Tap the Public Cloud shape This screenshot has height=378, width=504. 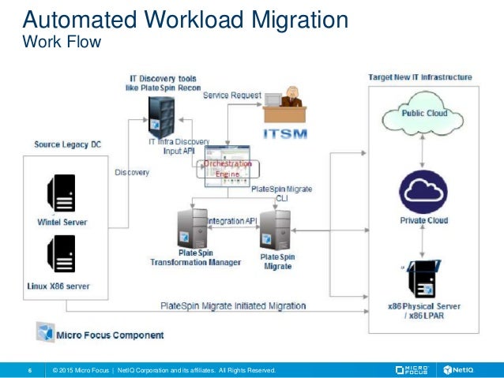coord(425,116)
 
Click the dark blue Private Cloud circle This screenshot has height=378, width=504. coord(425,189)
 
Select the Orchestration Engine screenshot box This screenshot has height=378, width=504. coord(228,167)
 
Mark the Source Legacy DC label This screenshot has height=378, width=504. coord(68,144)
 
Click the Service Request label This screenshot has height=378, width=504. coord(231,95)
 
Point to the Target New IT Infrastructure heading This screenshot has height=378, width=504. coord(420,77)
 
